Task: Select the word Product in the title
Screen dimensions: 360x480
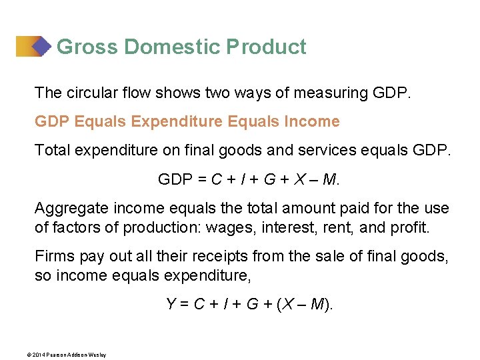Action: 266,47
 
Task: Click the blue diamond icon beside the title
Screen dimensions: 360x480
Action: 41,46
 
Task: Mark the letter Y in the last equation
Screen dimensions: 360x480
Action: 171,305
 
